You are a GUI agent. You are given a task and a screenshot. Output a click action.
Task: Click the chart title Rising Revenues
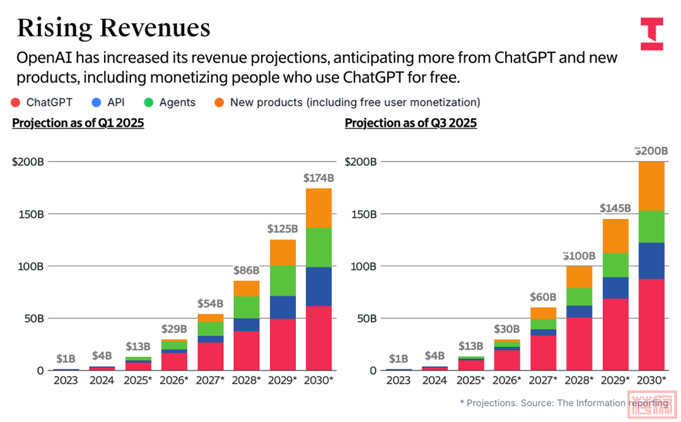tap(113, 28)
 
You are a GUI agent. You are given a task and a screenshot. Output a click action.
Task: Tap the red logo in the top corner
tap(651, 34)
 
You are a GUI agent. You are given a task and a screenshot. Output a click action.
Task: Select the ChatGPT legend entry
tap(42, 102)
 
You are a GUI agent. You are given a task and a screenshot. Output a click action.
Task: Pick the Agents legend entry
tap(170, 102)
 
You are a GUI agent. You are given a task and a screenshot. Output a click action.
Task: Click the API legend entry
tap(108, 102)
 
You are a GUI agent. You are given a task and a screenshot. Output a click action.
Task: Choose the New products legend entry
tap(347, 102)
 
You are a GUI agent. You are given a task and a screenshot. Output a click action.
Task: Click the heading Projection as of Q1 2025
tap(78, 123)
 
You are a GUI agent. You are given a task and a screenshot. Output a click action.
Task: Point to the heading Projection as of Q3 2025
tap(410, 123)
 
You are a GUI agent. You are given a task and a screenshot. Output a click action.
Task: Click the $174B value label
tap(318, 178)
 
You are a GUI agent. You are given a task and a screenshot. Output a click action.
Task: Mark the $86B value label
tap(246, 271)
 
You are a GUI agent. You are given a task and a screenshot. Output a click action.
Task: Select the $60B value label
tap(543, 297)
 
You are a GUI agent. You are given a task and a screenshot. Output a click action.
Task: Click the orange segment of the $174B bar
tap(318, 208)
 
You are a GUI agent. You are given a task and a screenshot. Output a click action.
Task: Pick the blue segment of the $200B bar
tap(651, 261)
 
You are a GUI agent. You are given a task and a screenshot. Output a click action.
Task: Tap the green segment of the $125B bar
tap(282, 281)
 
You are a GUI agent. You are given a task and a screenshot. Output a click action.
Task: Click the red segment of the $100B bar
tap(579, 344)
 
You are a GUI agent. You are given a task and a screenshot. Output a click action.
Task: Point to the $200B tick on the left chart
tap(28, 161)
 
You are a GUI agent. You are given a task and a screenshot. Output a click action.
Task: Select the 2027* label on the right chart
tap(543, 380)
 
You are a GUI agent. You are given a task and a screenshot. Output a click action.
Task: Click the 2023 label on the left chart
tap(66, 380)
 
